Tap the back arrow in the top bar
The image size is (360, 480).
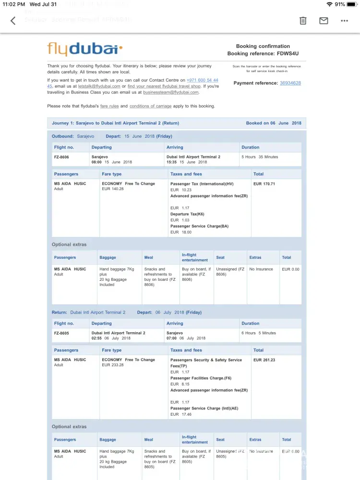(13, 21)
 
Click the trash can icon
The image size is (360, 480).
(303, 21)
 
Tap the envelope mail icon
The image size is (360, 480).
(324, 21)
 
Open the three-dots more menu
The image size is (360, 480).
(344, 21)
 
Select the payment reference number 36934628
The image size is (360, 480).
(290, 83)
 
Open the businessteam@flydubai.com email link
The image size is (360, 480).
(170, 92)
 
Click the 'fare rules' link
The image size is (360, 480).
(109, 106)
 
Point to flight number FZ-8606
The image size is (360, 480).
(61, 157)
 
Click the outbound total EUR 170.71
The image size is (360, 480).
(264, 184)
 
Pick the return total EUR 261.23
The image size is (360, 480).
(264, 360)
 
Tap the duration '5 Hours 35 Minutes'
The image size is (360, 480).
(260, 157)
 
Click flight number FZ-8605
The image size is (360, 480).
(61, 333)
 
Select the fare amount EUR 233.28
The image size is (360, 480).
(113, 365)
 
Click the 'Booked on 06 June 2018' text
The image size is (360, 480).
(274, 123)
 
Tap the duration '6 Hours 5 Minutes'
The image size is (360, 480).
(259, 333)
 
